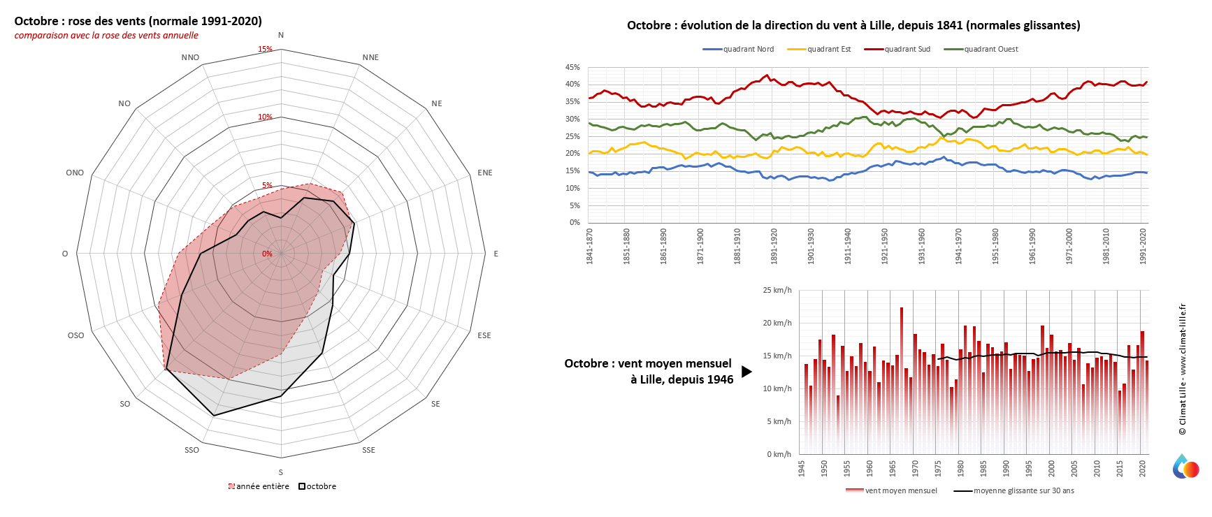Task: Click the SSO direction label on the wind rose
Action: point(192,450)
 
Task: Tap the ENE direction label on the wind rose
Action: point(485,173)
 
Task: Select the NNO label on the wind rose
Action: point(190,57)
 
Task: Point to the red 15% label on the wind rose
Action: point(265,49)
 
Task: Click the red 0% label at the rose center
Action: point(267,254)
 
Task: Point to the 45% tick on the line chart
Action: point(572,67)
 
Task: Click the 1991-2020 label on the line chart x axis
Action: point(1144,245)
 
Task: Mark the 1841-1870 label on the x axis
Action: point(590,245)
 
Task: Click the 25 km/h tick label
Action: point(777,290)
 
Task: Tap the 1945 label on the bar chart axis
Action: point(802,468)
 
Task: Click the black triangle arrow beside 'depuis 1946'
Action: point(746,372)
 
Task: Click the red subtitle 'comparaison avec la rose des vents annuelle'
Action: point(106,36)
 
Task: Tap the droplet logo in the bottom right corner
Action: point(1185,467)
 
